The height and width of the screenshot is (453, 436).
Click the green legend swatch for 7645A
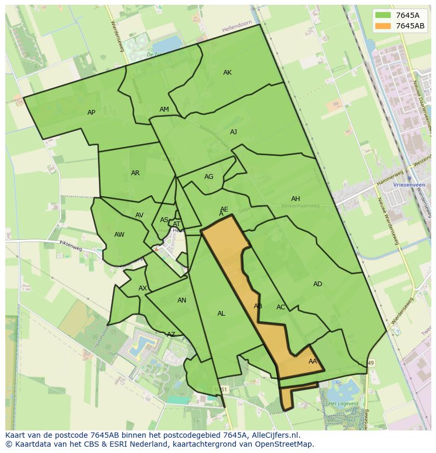pyautogui.click(x=383, y=15)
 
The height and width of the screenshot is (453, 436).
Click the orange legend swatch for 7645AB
pyautogui.click(x=383, y=26)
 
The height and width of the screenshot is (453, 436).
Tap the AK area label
pyautogui.click(x=227, y=73)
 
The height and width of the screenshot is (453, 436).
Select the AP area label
pyautogui.click(x=92, y=113)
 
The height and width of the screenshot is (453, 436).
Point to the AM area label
pyautogui.click(x=164, y=109)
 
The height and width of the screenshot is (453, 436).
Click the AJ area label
pyautogui.click(x=233, y=132)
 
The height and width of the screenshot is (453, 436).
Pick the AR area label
pyautogui.click(x=135, y=173)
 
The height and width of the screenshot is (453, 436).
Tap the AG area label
pyautogui.click(x=209, y=177)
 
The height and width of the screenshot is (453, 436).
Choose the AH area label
pyautogui.click(x=295, y=199)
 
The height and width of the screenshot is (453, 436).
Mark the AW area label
pyautogui.click(x=120, y=235)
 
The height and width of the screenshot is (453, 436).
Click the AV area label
pyautogui.click(x=140, y=215)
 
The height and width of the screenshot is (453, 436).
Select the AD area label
pyautogui.click(x=318, y=284)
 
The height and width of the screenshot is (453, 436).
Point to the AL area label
pyautogui.click(x=221, y=314)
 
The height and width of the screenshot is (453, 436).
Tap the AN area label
pyautogui.click(x=182, y=300)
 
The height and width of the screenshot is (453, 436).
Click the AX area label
pyautogui.click(x=143, y=288)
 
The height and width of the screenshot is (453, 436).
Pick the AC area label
pyautogui.click(x=281, y=307)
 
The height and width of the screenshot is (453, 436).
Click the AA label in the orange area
pyautogui.click(x=313, y=361)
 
